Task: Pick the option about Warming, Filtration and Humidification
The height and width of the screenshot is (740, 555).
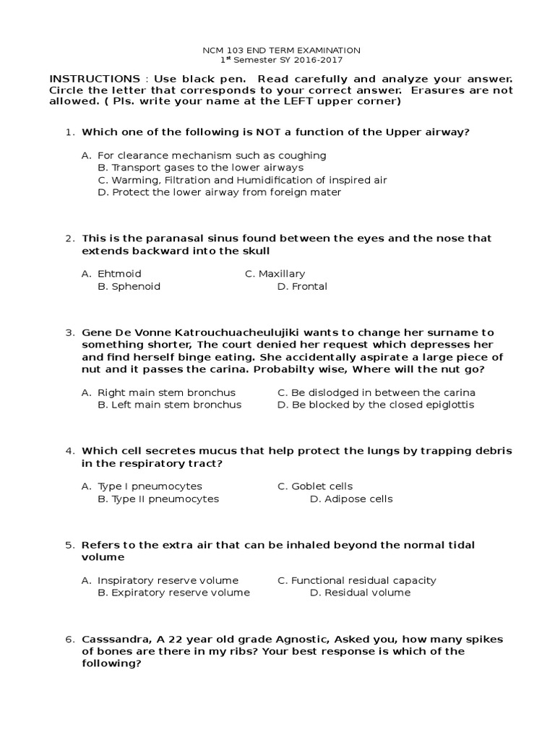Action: [x=242, y=180]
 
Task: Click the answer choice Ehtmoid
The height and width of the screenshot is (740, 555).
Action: [x=119, y=274]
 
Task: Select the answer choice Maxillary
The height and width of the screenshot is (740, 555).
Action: [x=282, y=274]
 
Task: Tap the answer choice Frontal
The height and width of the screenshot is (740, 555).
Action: [x=309, y=286]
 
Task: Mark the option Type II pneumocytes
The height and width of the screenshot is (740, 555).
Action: [x=158, y=499]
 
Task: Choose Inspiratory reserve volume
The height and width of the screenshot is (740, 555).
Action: [x=168, y=580]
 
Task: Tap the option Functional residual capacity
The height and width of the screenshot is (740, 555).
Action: [x=363, y=580]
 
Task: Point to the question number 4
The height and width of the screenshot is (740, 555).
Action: [x=69, y=451]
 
